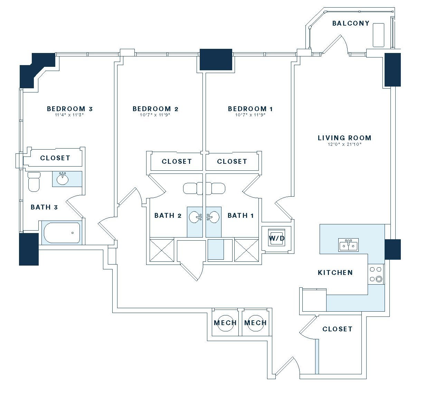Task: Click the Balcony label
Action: [x=351, y=23]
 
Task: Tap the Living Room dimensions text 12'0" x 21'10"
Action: [x=344, y=144]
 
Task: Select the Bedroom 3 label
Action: [x=70, y=109]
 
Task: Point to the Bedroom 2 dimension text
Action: [x=155, y=115]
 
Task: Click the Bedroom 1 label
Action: [x=251, y=109]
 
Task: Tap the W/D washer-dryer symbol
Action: [x=276, y=238]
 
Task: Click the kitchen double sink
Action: [x=348, y=245]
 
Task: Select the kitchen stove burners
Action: [x=376, y=274]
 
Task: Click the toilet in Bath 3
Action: [x=34, y=182]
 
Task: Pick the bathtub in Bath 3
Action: [x=62, y=233]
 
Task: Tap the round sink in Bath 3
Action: [x=63, y=179]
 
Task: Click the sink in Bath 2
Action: [x=195, y=217]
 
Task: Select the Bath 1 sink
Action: [x=213, y=217]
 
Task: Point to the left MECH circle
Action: [x=225, y=323]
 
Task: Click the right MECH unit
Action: [x=256, y=323]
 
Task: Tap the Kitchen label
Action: [x=335, y=273]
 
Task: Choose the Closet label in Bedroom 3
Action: [x=55, y=158]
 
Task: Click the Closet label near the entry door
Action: [x=337, y=329]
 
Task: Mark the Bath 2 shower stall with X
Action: [x=162, y=250]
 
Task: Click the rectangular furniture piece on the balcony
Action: [x=378, y=35]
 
